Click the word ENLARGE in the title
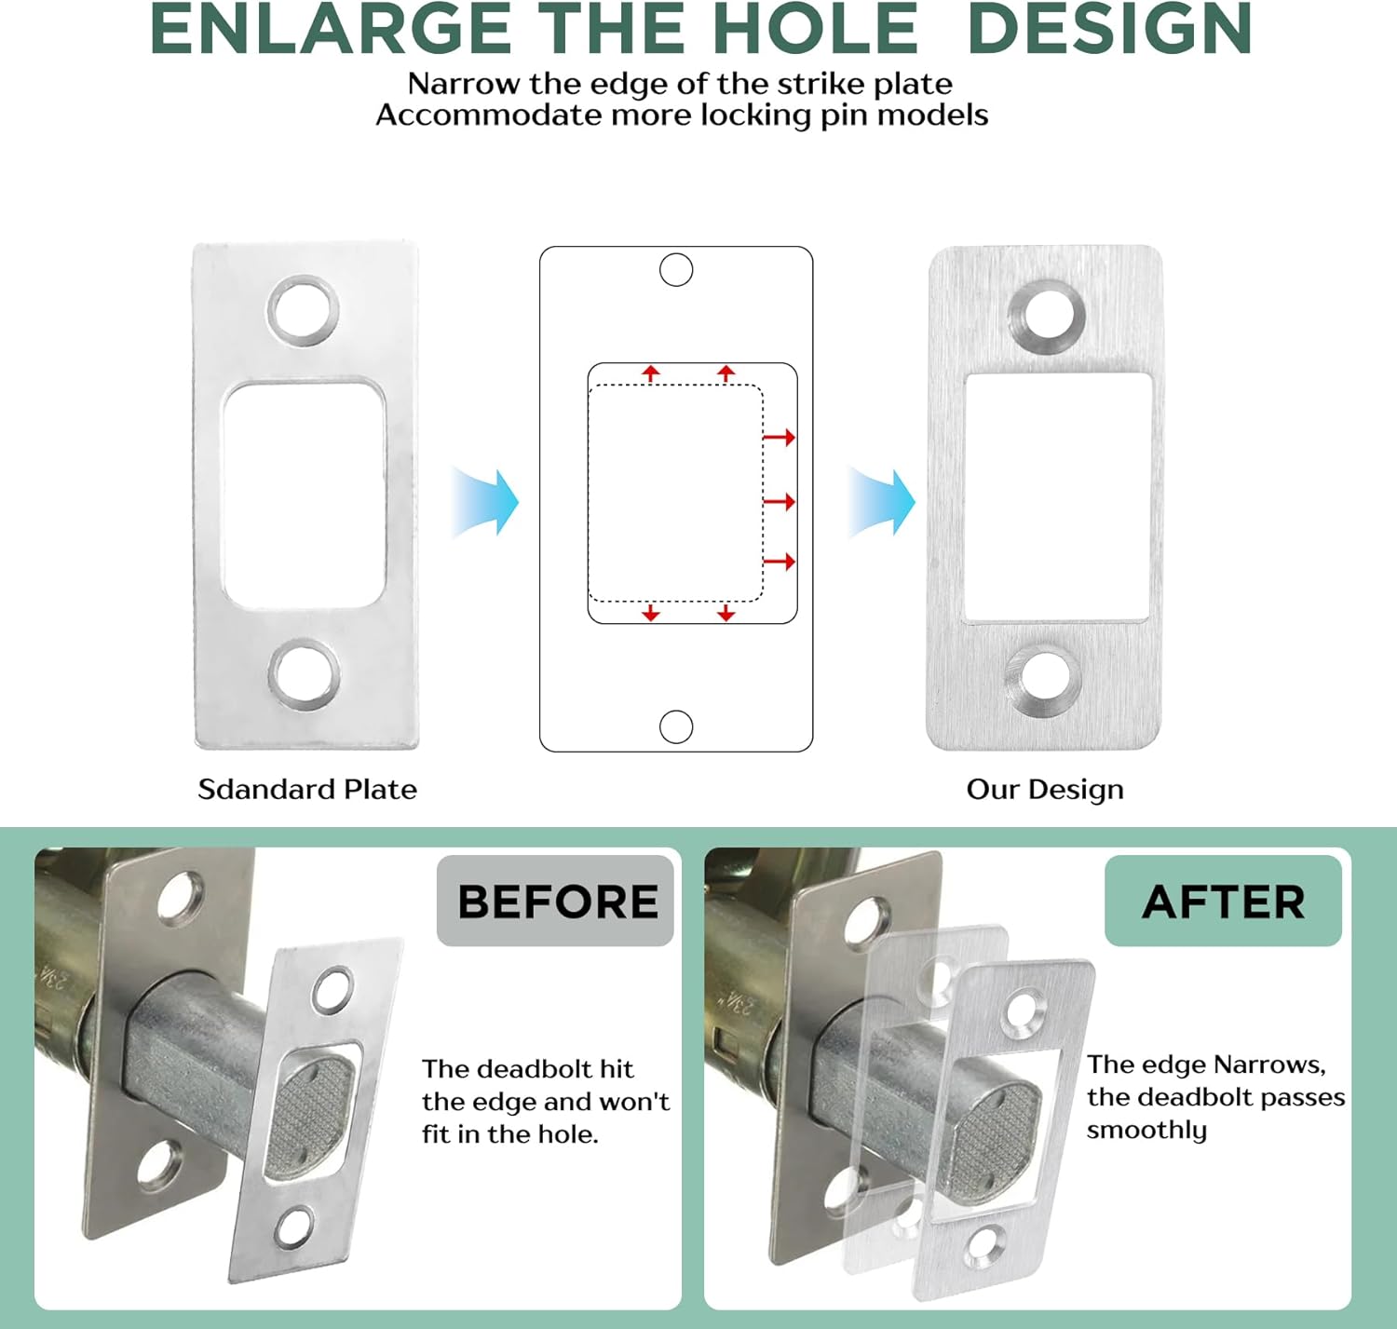331,30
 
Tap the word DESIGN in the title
1110,30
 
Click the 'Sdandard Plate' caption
307,789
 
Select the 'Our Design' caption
1045,789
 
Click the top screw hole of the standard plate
304,310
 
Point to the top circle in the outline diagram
676,270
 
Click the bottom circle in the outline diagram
676,726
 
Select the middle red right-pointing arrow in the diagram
780,502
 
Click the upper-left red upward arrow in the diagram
651,373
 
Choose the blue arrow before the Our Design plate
882,503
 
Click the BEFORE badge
556,901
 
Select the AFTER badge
1223,901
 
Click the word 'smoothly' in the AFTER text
1146,1130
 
